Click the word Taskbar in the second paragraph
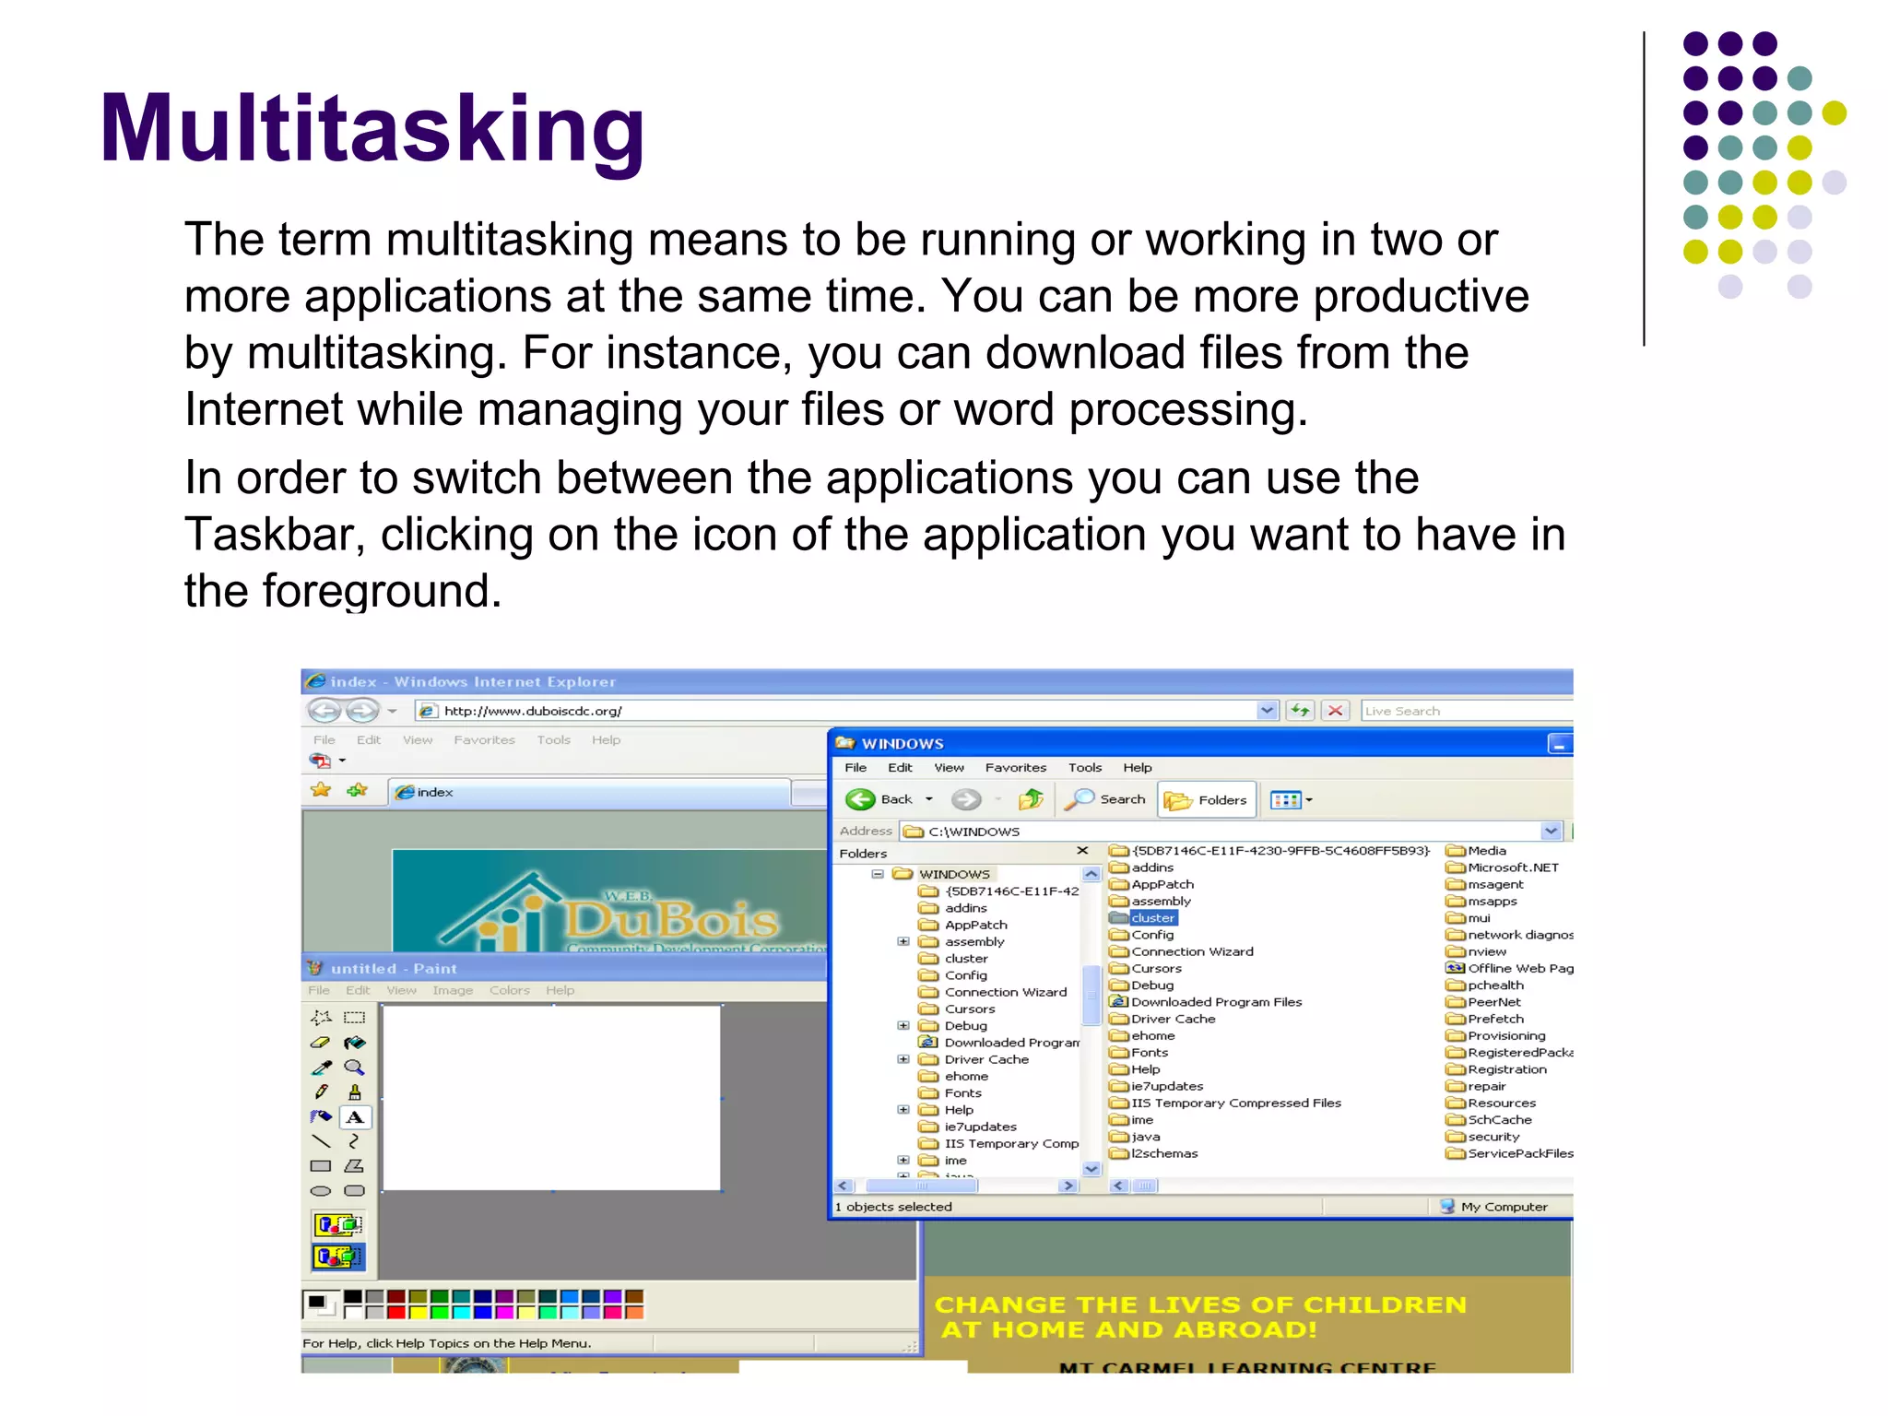pyautogui.click(x=275, y=535)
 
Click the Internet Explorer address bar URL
pyautogui.click(x=532, y=711)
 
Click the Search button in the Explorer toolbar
pyautogui.click(x=1105, y=799)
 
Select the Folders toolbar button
pyautogui.click(x=1207, y=800)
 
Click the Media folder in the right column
pyautogui.click(x=1486, y=851)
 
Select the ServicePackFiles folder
pyautogui.click(x=1518, y=1153)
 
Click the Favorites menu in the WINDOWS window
pyautogui.click(x=1015, y=767)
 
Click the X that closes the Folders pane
pyautogui.click(x=1082, y=851)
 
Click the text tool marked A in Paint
pyautogui.click(x=355, y=1117)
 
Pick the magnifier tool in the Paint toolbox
pyautogui.click(x=354, y=1068)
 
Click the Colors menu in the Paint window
pyautogui.click(x=509, y=990)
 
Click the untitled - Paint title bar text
pyautogui.click(x=394, y=969)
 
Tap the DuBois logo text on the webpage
pyautogui.click(x=672, y=919)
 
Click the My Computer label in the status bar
pyautogui.click(x=1503, y=1207)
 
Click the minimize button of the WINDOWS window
pyautogui.click(x=1558, y=744)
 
